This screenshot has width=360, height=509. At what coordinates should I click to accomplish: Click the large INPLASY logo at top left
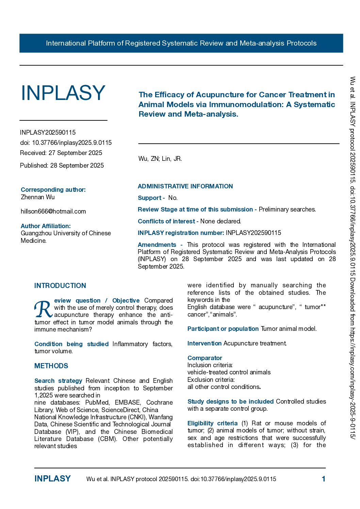point(63,93)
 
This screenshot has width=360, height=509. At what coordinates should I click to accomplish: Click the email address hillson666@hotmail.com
point(53,211)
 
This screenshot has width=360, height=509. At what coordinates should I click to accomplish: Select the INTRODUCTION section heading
point(60,286)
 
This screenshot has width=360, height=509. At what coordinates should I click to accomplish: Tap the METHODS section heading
point(51,366)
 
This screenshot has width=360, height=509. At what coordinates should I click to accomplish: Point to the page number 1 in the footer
point(323,479)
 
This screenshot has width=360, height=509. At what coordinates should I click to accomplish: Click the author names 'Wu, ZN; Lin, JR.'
point(160,159)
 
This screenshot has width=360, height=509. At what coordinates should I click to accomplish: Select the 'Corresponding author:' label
point(53,190)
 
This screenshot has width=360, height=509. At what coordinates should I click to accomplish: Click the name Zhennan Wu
point(38,197)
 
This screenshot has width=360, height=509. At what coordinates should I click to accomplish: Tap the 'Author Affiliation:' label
point(46,226)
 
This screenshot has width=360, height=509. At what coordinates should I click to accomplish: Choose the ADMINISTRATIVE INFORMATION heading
point(185,186)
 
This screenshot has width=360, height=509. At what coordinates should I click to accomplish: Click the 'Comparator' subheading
point(204,358)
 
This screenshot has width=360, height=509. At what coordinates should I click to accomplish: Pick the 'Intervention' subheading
point(204,343)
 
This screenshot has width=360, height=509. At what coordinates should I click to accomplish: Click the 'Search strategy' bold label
point(58,381)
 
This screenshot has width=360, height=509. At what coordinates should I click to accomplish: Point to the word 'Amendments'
point(157,245)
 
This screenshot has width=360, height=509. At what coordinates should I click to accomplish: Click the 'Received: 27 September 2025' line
point(61,153)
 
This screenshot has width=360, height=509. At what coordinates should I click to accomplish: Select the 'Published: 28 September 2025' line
point(62,166)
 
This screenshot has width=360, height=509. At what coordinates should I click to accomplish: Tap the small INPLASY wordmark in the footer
point(52,479)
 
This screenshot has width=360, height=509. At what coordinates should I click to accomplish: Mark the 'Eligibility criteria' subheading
point(212,423)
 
